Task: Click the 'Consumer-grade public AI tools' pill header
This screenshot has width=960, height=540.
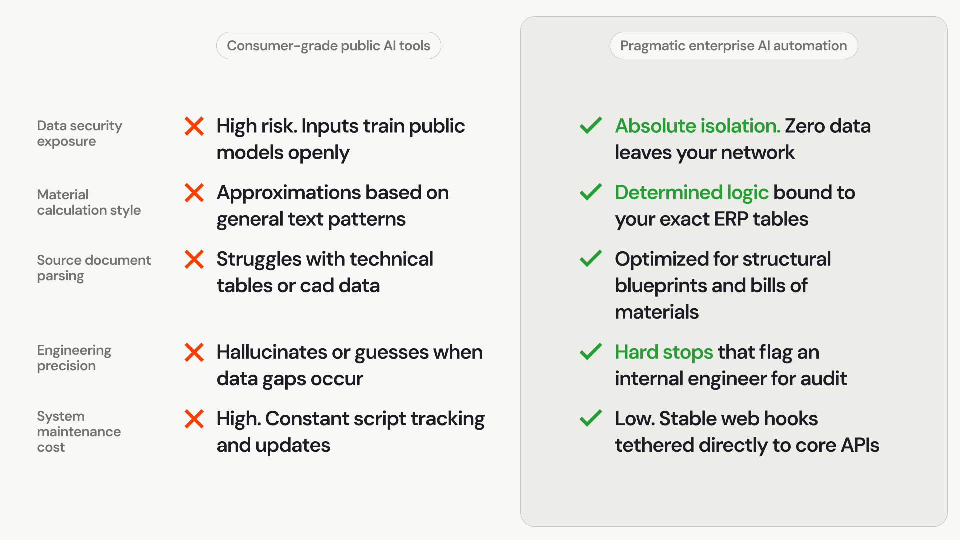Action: (x=328, y=46)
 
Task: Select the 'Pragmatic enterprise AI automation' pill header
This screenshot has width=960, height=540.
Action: (x=733, y=46)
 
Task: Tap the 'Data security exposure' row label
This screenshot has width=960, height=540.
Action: (x=79, y=133)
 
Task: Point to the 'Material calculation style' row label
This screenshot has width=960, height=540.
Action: (x=89, y=202)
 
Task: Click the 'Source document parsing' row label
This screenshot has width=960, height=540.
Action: (x=94, y=268)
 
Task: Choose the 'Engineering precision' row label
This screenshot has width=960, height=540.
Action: (x=74, y=358)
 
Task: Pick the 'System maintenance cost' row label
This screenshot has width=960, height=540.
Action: (x=79, y=431)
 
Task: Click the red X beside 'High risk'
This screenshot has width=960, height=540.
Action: (x=194, y=126)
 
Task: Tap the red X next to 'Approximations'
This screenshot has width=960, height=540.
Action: (x=194, y=193)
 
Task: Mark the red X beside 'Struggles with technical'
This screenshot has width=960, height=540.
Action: (x=194, y=259)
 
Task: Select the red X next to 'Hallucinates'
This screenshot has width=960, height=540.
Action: (x=194, y=352)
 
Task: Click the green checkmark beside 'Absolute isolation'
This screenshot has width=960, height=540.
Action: (x=591, y=125)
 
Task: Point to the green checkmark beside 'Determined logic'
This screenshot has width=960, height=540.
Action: (x=591, y=192)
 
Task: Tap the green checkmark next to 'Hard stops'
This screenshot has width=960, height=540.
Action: (x=591, y=351)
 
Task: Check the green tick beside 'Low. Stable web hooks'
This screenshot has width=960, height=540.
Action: (x=591, y=418)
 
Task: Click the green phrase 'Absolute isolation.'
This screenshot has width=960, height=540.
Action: (x=697, y=126)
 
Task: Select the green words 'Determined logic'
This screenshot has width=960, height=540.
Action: (x=691, y=193)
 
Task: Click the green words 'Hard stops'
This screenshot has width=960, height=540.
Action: (x=664, y=353)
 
